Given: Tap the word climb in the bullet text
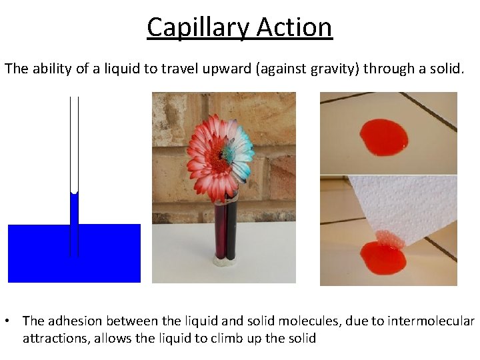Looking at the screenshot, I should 227,338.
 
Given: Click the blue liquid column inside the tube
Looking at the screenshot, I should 74,210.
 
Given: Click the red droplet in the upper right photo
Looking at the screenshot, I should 383,137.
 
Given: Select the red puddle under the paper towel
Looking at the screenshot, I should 382,257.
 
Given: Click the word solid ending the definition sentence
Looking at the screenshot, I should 444,68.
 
